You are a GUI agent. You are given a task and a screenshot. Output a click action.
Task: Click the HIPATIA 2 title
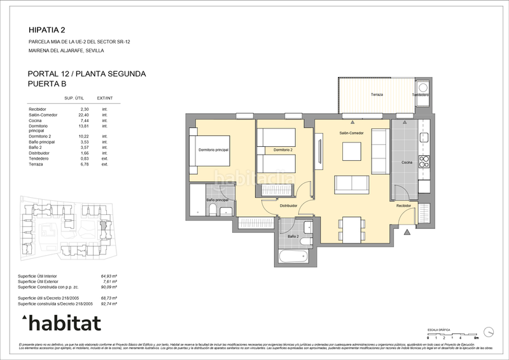click(x=47, y=29)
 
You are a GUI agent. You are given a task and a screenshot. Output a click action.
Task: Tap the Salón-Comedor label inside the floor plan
click(x=351, y=134)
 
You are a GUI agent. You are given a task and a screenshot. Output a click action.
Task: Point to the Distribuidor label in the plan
click(x=289, y=206)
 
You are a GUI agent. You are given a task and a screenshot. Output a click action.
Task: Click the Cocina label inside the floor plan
click(x=407, y=163)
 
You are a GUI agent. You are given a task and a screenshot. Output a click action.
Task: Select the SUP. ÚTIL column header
click(x=75, y=98)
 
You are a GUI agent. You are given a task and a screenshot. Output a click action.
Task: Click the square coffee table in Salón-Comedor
click(x=352, y=151)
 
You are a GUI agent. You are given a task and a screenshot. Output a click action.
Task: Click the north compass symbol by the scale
click(x=488, y=331)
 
